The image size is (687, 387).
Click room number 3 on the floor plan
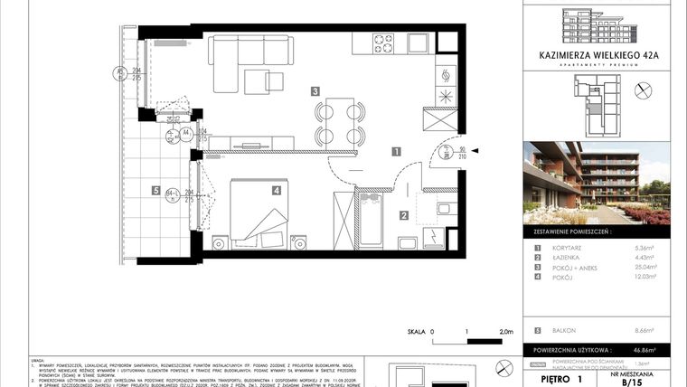pyautogui.click(x=315, y=90)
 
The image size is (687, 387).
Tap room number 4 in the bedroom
pyautogui.click(x=276, y=190)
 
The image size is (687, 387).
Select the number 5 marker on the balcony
pyautogui.click(x=156, y=191)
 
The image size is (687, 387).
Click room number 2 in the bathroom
pyautogui.click(x=404, y=214)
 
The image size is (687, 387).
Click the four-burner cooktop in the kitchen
pyautogui.click(x=383, y=43)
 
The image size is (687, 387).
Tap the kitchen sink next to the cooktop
pyautogui.click(x=417, y=43)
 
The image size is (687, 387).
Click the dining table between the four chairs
pyautogui.click(x=339, y=123)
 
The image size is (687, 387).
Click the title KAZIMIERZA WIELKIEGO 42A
pyautogui.click(x=598, y=54)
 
